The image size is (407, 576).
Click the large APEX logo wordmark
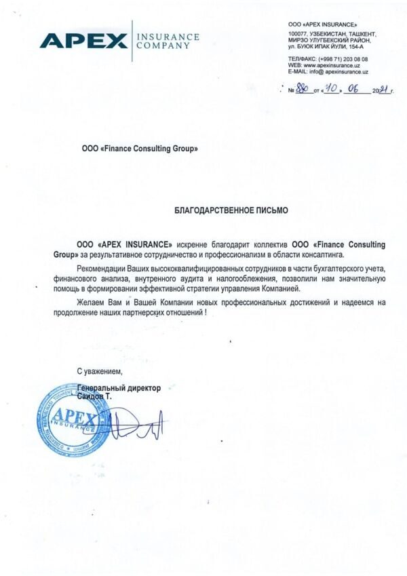click(83, 41)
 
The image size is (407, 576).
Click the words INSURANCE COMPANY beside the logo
click(168, 41)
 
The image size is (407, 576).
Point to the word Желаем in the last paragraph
click(89, 301)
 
